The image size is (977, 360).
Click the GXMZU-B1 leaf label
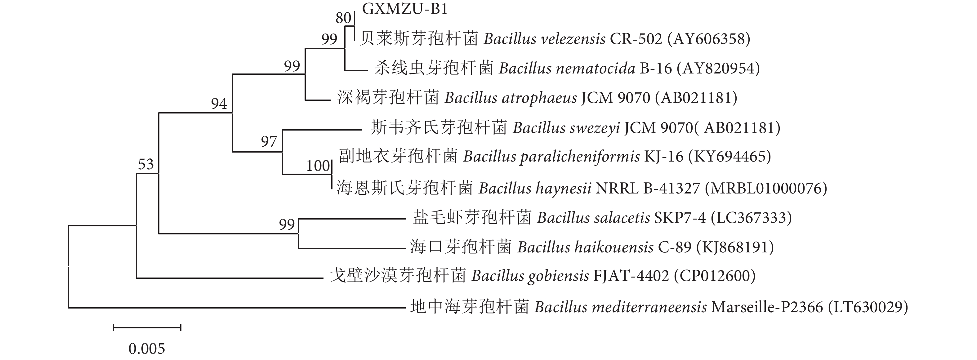[405, 9]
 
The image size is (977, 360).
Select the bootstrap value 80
[343, 18]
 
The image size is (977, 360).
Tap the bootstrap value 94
[219, 104]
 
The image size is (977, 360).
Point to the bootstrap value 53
[146, 164]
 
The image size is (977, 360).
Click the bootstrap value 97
[269, 141]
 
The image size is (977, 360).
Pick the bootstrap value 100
[318, 166]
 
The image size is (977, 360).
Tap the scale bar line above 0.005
[147, 327]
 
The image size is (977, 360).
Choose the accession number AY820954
[720, 68]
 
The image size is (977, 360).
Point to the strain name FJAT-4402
[631, 276]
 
